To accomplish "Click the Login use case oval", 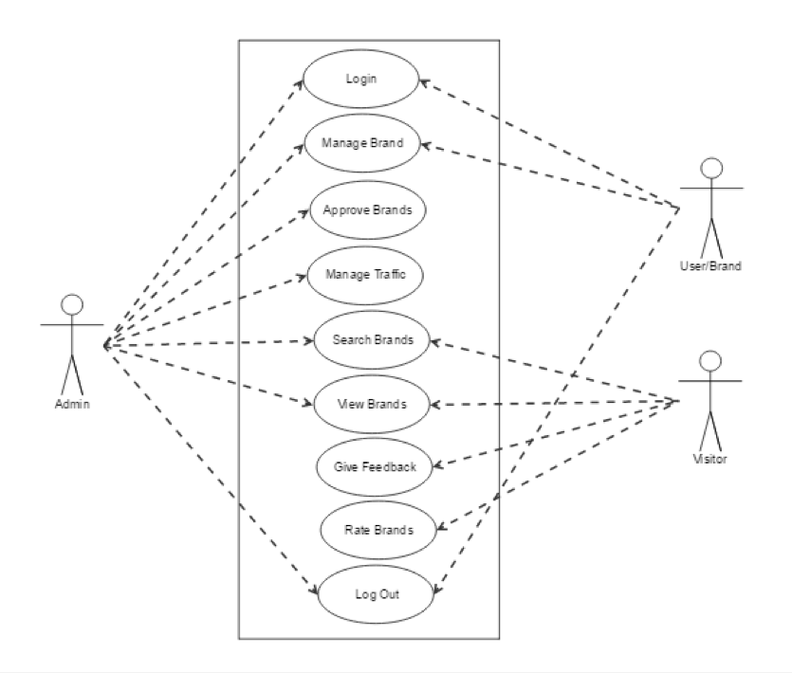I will coord(360,79).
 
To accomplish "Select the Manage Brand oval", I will coord(361,144).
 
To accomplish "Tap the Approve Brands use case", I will coord(367,209).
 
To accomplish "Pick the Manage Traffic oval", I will coord(365,275).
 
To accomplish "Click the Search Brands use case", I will coord(372,339).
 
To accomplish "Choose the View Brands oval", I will coord(372,404).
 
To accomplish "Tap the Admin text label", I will coord(72,406).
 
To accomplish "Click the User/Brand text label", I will coord(710,265).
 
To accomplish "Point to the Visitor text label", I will coord(709,459).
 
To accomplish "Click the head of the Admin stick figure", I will coord(72,305).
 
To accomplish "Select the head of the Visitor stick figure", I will coord(710,360).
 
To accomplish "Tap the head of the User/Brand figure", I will coord(711,168).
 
